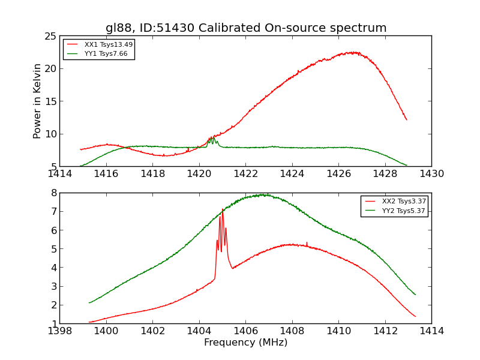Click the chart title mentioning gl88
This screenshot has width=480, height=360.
point(246,28)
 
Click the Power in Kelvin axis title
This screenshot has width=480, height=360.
point(37,101)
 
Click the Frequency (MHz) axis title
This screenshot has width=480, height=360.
point(245,343)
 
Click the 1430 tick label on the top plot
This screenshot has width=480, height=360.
point(431,174)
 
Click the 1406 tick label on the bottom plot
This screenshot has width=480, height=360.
point(245,331)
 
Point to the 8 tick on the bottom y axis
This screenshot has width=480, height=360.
point(53,193)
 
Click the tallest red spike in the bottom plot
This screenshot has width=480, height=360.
point(223,209)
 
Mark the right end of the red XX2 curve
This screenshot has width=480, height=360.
point(415,316)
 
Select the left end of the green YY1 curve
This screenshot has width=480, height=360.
point(80,166)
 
